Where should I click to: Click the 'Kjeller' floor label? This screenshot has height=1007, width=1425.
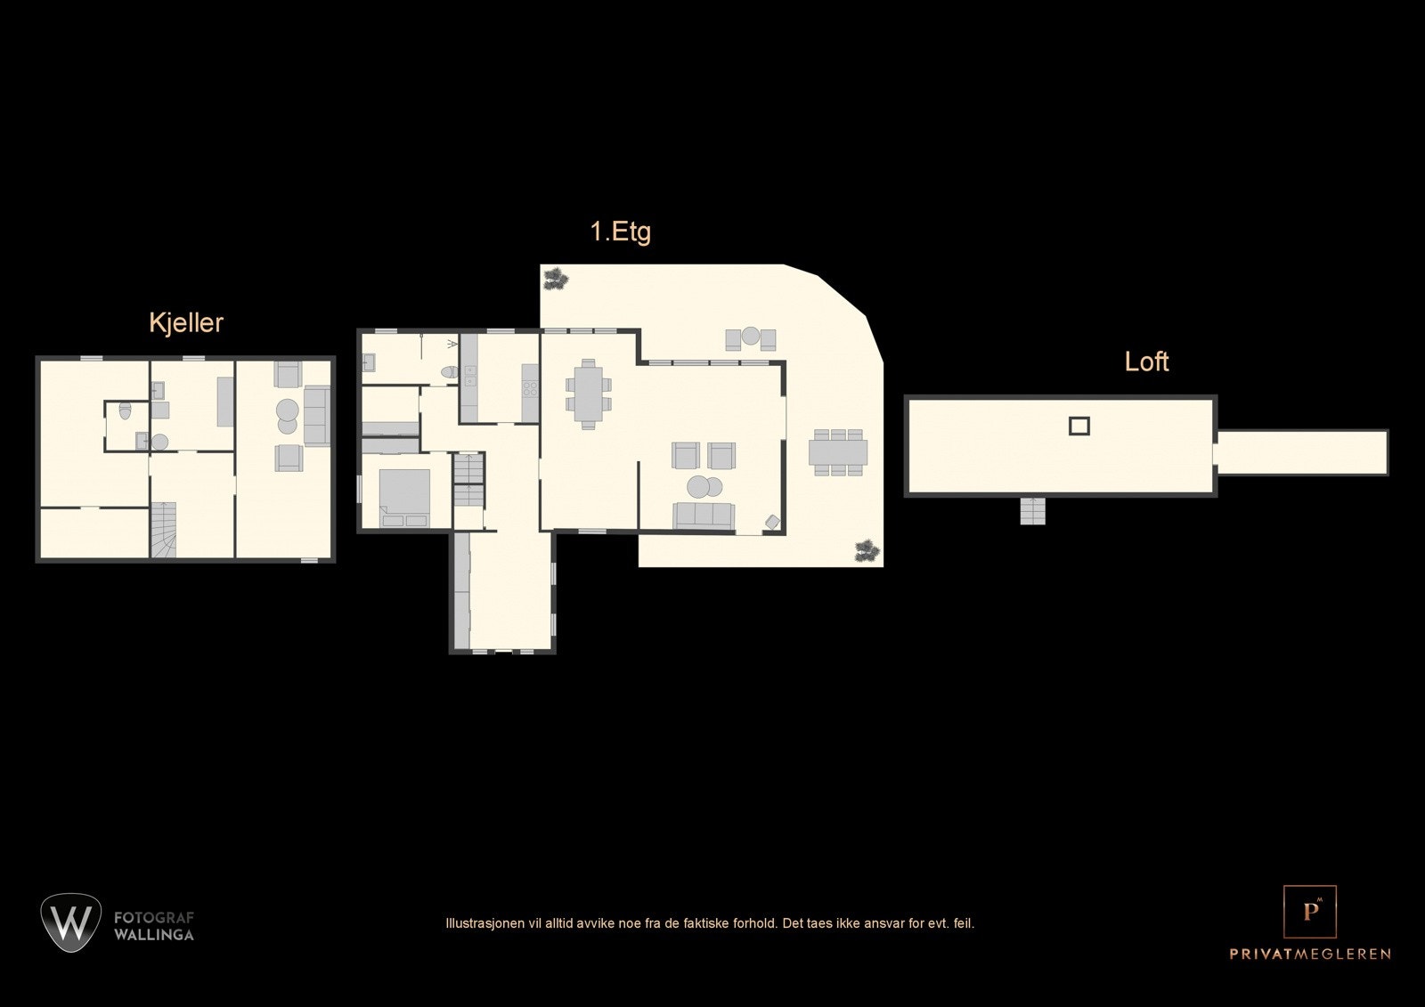click(x=185, y=322)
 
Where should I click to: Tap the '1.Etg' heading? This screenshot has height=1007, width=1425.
click(x=620, y=231)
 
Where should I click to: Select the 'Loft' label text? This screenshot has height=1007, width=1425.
click(x=1145, y=361)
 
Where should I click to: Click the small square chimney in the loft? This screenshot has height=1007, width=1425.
click(x=1079, y=426)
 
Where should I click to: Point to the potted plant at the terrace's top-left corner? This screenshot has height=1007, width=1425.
click(x=557, y=278)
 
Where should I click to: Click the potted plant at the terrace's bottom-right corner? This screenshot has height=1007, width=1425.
click(x=866, y=550)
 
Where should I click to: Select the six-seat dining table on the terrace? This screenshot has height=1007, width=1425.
click(x=837, y=452)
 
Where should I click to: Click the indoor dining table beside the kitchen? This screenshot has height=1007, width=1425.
click(x=588, y=393)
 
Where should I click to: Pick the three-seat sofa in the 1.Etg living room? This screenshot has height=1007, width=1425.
click(x=703, y=515)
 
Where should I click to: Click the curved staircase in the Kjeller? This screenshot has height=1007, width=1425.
click(x=162, y=532)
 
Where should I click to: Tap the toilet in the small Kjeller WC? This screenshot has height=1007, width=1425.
click(x=125, y=410)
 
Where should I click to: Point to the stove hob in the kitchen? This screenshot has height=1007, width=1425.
click(x=530, y=387)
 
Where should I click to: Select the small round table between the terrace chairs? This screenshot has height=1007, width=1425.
click(x=751, y=337)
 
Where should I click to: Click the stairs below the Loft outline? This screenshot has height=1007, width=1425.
click(x=1032, y=510)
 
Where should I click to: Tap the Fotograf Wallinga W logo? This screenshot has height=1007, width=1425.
click(x=70, y=922)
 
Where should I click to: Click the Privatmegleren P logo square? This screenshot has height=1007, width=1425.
click(x=1309, y=912)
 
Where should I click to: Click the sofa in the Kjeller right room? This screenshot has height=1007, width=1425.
click(x=316, y=415)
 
